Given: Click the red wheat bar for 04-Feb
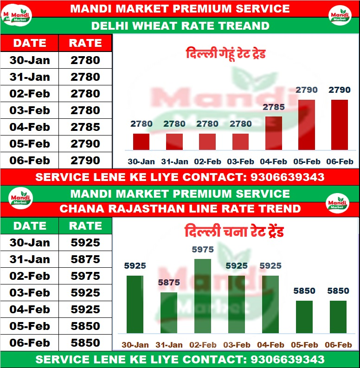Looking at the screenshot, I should pyautogui.click(x=274, y=133).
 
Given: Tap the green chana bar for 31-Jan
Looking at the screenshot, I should pyautogui.click(x=169, y=313).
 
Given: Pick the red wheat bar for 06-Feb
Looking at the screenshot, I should pyautogui.click(x=340, y=125).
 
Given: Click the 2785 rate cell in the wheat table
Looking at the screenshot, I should pyautogui.click(x=85, y=127).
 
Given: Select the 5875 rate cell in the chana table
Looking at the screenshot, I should pyautogui.click(x=85, y=259).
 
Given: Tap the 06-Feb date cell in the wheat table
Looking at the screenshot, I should pyautogui.click(x=30, y=161).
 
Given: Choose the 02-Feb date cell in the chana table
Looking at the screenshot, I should pyautogui.click(x=30, y=276).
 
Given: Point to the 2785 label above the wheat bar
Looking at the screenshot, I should pyautogui.click(x=274, y=107).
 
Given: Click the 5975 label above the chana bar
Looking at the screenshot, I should pyautogui.click(x=203, y=250).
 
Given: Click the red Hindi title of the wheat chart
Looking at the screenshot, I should pyautogui.click(x=226, y=54).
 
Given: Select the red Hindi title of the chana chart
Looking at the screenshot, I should pyautogui.click(x=234, y=232).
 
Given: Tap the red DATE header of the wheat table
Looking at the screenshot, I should pyautogui.click(x=30, y=43).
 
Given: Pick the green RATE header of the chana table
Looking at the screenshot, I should pyautogui.click(x=85, y=226).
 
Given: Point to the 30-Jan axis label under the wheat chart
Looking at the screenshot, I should pyautogui.click(x=141, y=162).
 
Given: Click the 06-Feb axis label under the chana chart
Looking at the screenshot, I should pyautogui.click(x=338, y=345).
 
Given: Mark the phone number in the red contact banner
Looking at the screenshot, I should pyautogui.click(x=287, y=177).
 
